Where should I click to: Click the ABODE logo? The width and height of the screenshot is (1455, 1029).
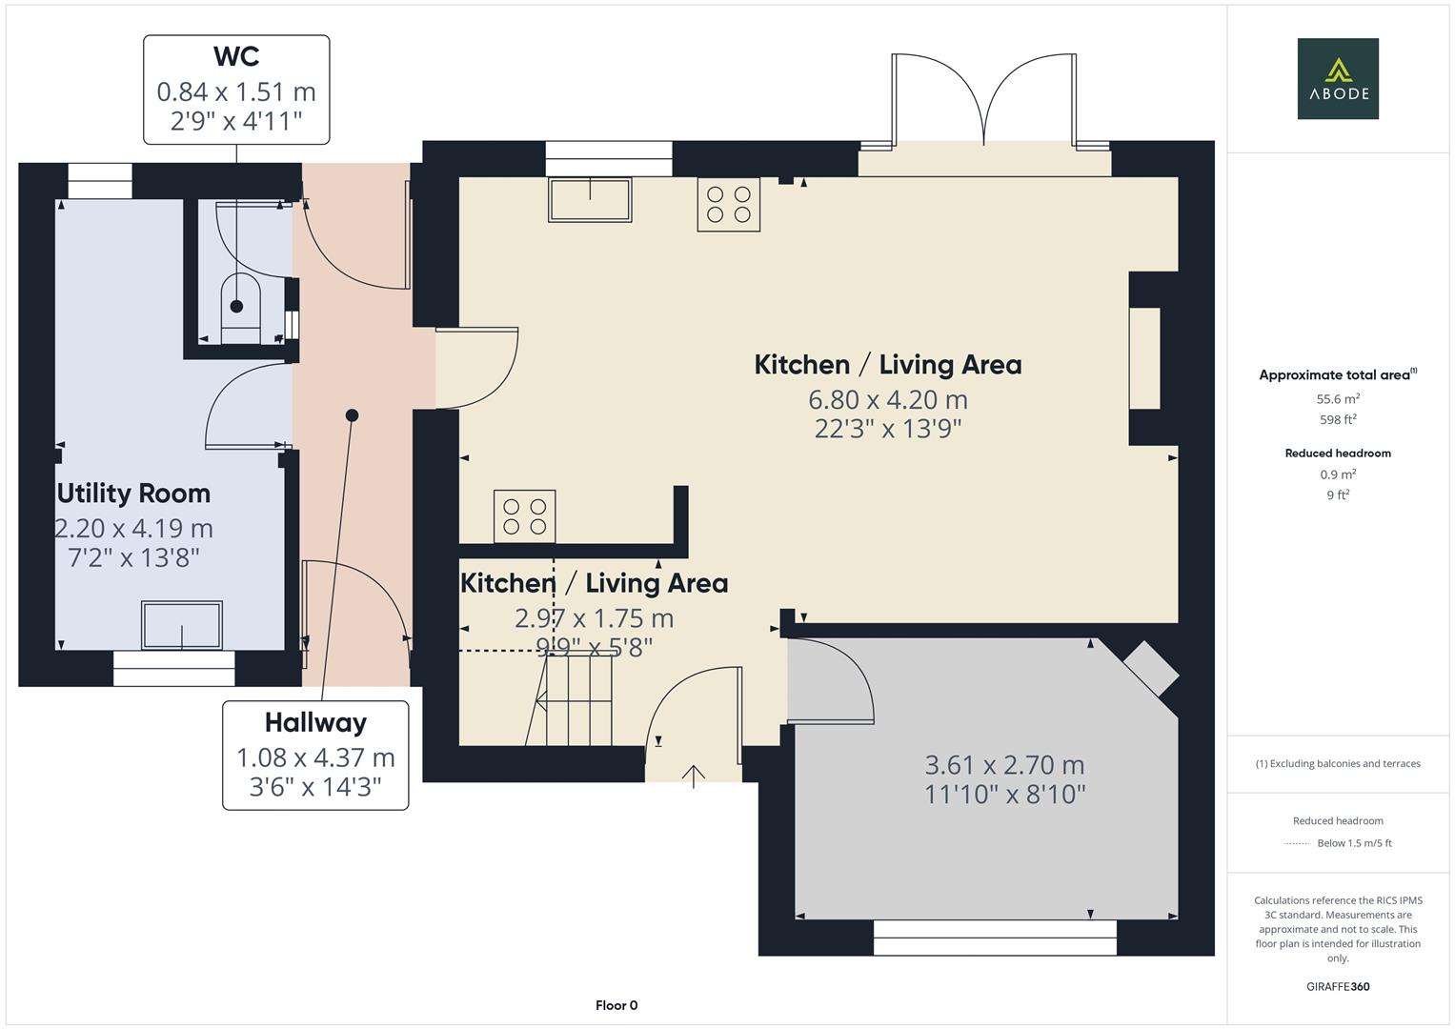[x=1338, y=78]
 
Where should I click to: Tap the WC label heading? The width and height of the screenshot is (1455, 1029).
[x=236, y=56]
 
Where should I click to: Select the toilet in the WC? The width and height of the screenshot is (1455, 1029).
[x=240, y=308]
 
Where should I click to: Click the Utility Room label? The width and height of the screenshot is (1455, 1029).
[x=133, y=494]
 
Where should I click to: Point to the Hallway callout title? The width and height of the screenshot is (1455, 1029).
[x=315, y=722]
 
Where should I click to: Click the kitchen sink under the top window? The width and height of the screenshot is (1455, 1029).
[x=590, y=199]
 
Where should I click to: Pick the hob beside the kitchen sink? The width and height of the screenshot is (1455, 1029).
[x=729, y=205]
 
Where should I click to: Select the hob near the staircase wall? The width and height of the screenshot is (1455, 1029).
[x=524, y=516]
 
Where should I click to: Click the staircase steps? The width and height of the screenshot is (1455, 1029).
[x=578, y=700]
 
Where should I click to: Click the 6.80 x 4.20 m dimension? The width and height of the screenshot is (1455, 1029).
[x=888, y=400]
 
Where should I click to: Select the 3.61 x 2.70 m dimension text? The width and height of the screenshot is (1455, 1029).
[x=1005, y=765]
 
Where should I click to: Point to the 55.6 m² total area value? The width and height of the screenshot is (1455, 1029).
[x=1338, y=399]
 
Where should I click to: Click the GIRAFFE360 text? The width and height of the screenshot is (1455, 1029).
[x=1338, y=987]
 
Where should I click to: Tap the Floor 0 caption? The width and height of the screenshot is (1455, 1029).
[x=616, y=1005]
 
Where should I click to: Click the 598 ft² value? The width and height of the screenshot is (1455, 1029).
[x=1338, y=419]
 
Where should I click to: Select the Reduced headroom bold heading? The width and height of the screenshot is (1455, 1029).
[x=1338, y=454]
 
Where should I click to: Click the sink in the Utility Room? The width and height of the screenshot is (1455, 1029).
[x=182, y=626]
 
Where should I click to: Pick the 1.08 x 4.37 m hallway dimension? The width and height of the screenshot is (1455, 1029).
[x=315, y=758]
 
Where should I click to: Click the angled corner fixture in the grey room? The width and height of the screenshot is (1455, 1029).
[x=1151, y=669]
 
